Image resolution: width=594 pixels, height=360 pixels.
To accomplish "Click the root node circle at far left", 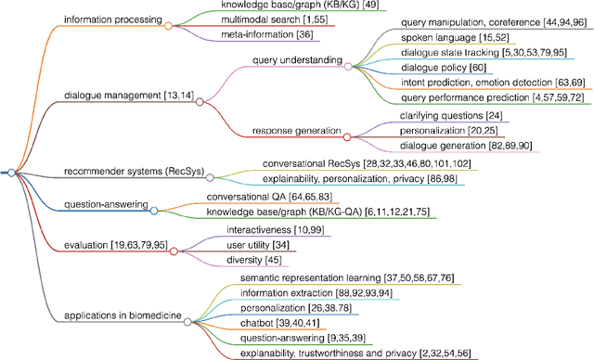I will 10,173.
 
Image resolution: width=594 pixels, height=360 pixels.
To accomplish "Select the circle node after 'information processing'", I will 168,26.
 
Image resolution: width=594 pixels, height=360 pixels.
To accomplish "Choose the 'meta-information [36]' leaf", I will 253,35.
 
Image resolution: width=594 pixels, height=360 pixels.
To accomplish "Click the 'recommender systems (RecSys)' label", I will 133,172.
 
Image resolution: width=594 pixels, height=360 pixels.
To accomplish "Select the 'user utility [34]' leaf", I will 259,244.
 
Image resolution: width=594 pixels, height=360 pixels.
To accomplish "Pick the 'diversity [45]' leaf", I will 253,260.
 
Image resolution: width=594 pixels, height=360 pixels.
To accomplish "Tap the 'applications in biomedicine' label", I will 122,317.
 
